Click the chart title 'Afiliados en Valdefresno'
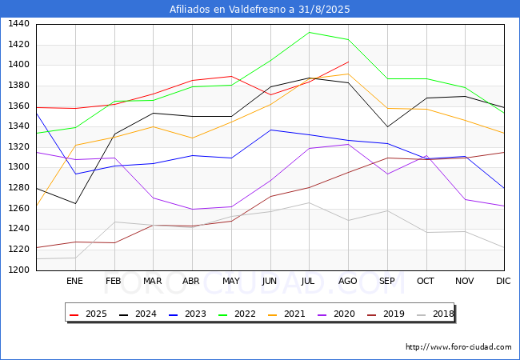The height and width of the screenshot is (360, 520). tap(228, 9)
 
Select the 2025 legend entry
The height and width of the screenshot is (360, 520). tap(89, 314)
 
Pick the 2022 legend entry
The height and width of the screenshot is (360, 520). tap(237, 314)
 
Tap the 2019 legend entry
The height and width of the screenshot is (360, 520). tap(386, 314)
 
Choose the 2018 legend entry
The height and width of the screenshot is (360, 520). tap(435, 314)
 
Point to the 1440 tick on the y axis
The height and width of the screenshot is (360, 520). tap(18, 24)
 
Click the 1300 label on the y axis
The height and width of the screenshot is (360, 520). tap(18, 167)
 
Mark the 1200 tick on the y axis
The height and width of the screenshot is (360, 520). tap(18, 270)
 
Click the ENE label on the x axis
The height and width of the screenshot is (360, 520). tap(74, 281)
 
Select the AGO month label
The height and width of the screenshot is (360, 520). tap(347, 281)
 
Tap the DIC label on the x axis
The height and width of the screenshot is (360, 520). tap(503, 281)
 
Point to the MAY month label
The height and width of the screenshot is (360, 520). tap(231, 281)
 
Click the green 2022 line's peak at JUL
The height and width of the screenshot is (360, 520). tap(309, 32)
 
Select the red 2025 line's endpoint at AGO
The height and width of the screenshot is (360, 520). tap(348, 62)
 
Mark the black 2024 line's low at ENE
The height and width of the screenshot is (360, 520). tap(76, 203)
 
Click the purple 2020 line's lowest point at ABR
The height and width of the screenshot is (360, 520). tap(192, 209)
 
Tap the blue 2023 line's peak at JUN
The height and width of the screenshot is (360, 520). tap(270, 130)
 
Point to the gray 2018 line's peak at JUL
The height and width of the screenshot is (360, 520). tap(309, 202)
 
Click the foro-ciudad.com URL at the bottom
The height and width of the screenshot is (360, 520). tap(458, 347)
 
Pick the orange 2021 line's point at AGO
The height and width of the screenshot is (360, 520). tap(348, 74)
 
